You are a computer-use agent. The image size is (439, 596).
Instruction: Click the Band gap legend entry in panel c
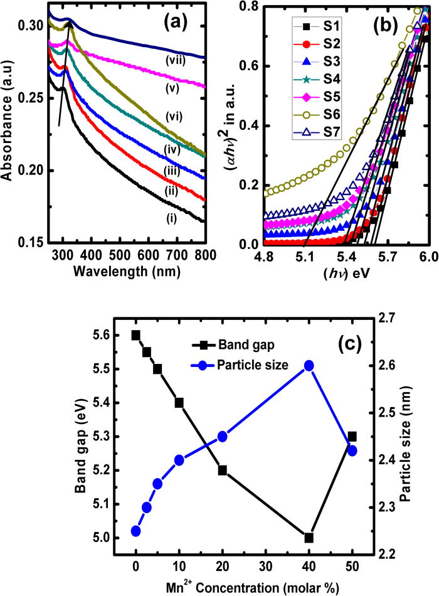[x=230, y=343]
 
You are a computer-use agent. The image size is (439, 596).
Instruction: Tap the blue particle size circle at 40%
[x=309, y=365]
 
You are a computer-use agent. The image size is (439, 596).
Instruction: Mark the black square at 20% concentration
[x=222, y=470]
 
